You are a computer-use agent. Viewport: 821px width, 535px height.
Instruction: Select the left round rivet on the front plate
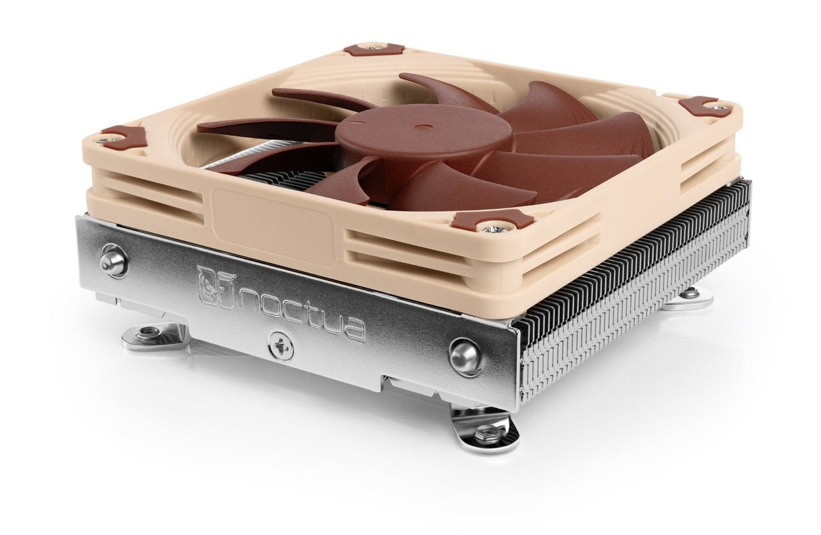[x=113, y=259]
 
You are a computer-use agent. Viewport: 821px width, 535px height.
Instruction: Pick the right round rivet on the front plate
[x=465, y=355]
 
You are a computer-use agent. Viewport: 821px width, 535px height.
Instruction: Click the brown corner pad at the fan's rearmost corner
[x=373, y=49]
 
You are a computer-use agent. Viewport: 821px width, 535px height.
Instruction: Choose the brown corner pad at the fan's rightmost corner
[x=703, y=105]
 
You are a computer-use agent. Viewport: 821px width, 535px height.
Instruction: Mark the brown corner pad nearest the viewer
[x=492, y=220]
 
